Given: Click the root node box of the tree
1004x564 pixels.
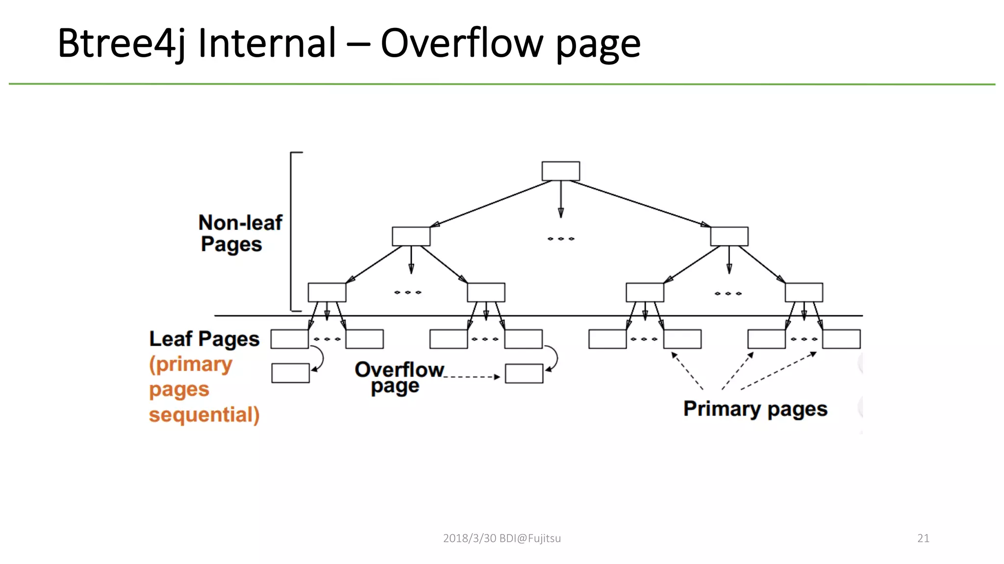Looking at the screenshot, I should click(x=560, y=171).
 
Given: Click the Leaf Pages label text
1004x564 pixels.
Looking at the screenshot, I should click(x=204, y=339).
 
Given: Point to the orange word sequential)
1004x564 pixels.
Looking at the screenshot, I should click(x=204, y=414).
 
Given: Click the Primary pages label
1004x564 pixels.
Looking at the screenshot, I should click(x=755, y=409).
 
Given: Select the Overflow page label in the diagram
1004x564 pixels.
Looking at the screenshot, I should click(x=398, y=377).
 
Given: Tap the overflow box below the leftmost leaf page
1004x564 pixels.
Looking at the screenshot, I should click(x=290, y=373).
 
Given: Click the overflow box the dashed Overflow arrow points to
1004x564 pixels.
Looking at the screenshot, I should click(x=524, y=374).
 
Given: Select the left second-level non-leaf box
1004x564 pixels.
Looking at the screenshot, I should click(x=411, y=236).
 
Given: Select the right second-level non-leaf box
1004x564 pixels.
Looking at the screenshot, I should click(x=729, y=236).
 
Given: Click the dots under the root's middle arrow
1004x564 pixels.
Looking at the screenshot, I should click(x=560, y=239).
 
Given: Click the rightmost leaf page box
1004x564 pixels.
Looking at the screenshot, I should click(x=841, y=339).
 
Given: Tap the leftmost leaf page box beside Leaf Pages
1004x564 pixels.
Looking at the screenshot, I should click(x=289, y=339).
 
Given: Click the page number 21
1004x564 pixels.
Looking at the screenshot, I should click(x=923, y=538).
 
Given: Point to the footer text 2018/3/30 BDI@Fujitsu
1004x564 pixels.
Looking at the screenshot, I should click(x=502, y=538).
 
